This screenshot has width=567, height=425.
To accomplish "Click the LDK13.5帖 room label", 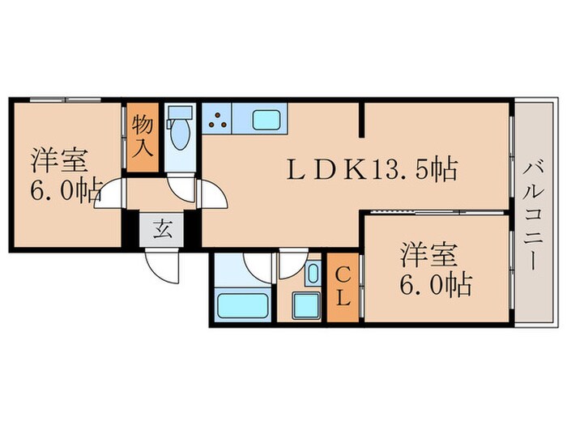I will [x=373, y=170].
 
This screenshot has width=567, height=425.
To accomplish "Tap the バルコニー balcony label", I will [x=534, y=214].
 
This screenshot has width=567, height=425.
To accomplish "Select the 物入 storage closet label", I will [x=143, y=135].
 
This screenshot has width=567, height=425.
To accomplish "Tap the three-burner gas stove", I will [x=217, y=121].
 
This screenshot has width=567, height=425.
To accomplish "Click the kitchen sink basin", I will [x=266, y=120].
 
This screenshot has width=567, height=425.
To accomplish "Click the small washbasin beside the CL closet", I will [x=313, y=274].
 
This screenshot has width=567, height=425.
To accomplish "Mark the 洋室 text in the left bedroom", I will [x=58, y=159].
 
